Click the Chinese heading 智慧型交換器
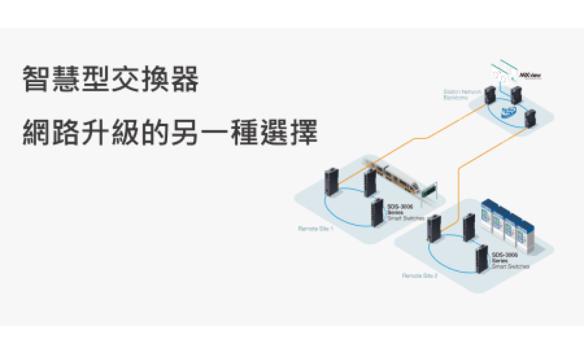[x=110, y=79]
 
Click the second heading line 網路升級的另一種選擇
[x=170, y=133]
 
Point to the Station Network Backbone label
[x=462, y=94]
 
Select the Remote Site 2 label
[x=420, y=276]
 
